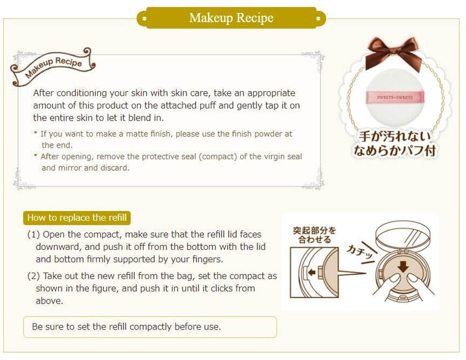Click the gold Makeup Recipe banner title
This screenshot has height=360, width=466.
pos(231,18)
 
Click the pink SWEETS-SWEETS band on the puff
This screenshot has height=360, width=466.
pos(395,97)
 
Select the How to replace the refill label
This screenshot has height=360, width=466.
pos(76,218)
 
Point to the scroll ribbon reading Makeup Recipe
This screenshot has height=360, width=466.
pos(53,67)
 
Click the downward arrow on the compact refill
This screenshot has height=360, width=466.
pos(403,266)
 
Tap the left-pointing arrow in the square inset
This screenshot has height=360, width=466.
pos(311,272)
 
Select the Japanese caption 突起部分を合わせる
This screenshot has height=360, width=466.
pos(315,235)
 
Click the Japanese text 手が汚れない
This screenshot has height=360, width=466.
pos(394,136)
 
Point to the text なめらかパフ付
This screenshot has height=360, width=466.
pos(394,150)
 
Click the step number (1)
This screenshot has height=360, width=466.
pos(34,234)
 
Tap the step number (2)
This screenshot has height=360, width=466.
pos(34,276)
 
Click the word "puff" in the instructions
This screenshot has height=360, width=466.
pos(216,106)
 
